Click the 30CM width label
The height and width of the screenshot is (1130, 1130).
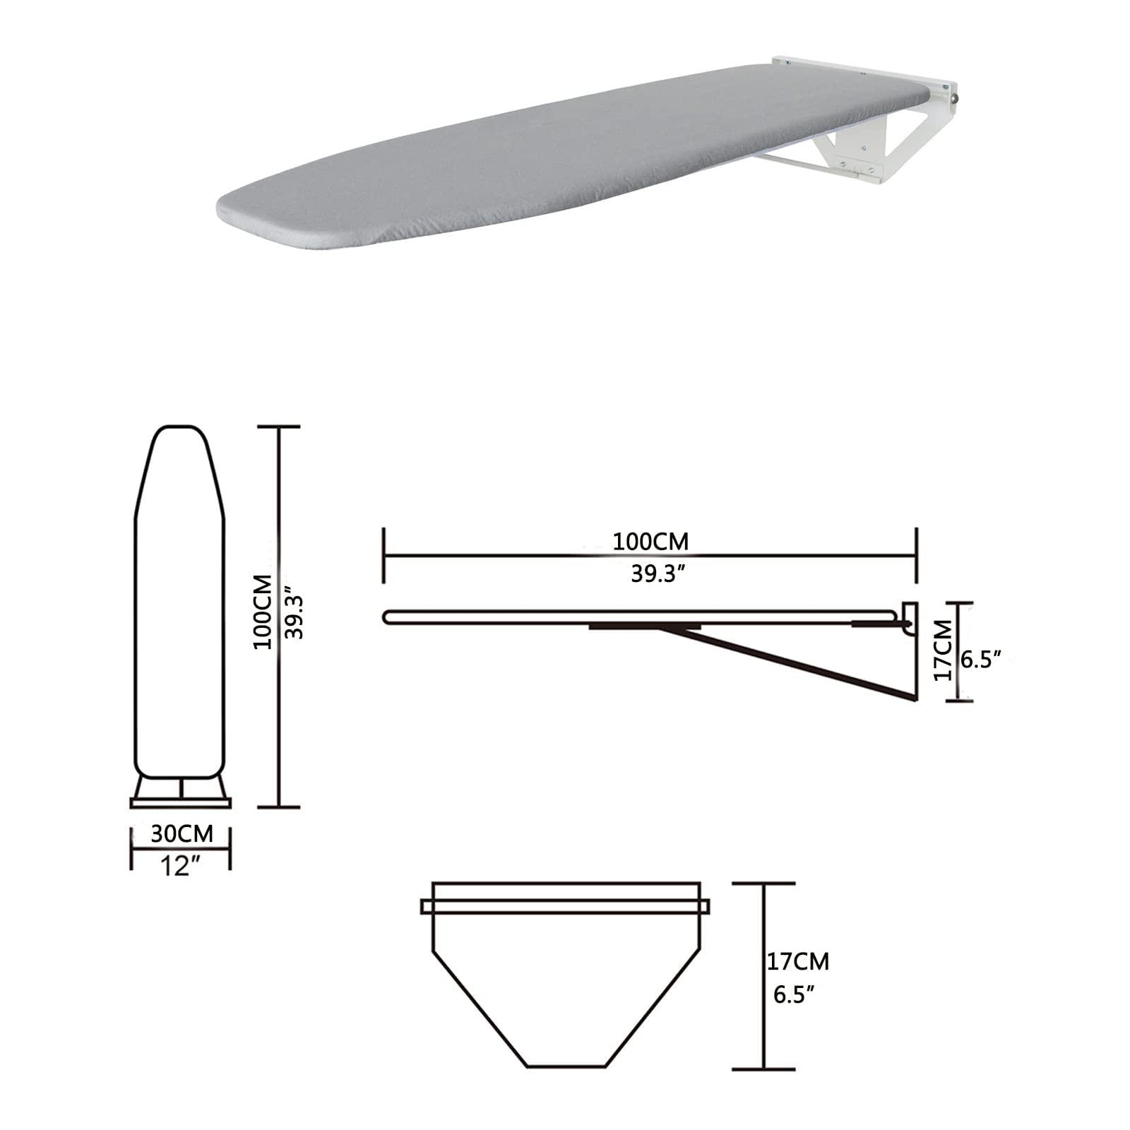point(182,833)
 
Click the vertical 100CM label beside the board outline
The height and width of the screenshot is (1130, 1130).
point(263,612)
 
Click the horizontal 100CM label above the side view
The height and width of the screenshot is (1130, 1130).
point(650,542)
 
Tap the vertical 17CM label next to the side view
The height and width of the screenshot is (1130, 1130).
point(942,650)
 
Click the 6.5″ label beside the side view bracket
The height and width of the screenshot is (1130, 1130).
point(982,660)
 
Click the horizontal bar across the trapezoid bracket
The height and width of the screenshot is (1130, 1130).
point(565,905)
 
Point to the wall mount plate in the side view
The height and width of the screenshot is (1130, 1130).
point(911,614)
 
